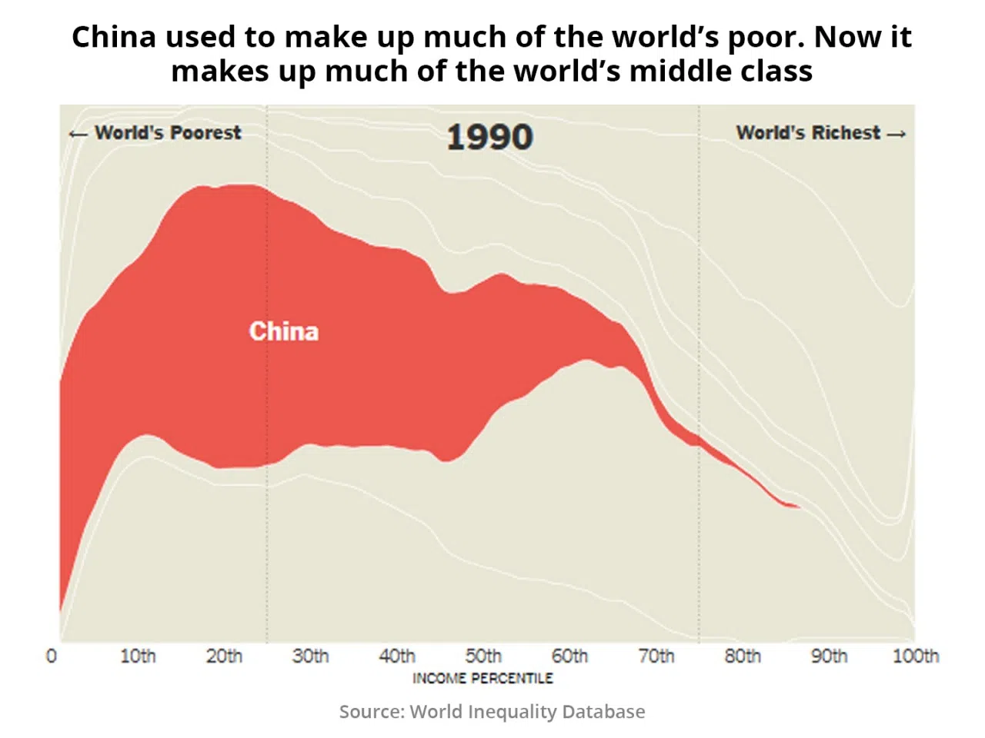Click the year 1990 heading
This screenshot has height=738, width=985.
(489, 138)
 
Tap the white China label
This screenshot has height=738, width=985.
(283, 331)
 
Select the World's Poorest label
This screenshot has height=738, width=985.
(167, 133)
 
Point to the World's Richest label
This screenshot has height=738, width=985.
(808, 133)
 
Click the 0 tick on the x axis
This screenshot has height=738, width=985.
(52, 657)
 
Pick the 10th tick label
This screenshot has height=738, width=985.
(138, 657)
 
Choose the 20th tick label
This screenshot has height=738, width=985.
(224, 657)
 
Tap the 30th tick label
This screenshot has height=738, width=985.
(310, 657)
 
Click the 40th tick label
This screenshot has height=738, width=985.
(397, 657)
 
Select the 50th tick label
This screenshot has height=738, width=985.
(483, 657)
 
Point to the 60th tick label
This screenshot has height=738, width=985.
(569, 657)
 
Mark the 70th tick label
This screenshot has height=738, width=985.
(656, 657)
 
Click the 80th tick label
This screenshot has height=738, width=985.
(743, 657)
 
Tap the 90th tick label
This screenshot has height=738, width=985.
(829, 657)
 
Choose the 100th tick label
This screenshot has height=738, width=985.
(916, 657)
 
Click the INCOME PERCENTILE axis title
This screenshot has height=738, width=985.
(482, 678)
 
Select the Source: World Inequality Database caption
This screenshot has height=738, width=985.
(492, 712)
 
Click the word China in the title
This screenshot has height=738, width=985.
(113, 37)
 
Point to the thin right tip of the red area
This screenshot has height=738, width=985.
(797, 507)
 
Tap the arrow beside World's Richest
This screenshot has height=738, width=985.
(897, 134)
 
